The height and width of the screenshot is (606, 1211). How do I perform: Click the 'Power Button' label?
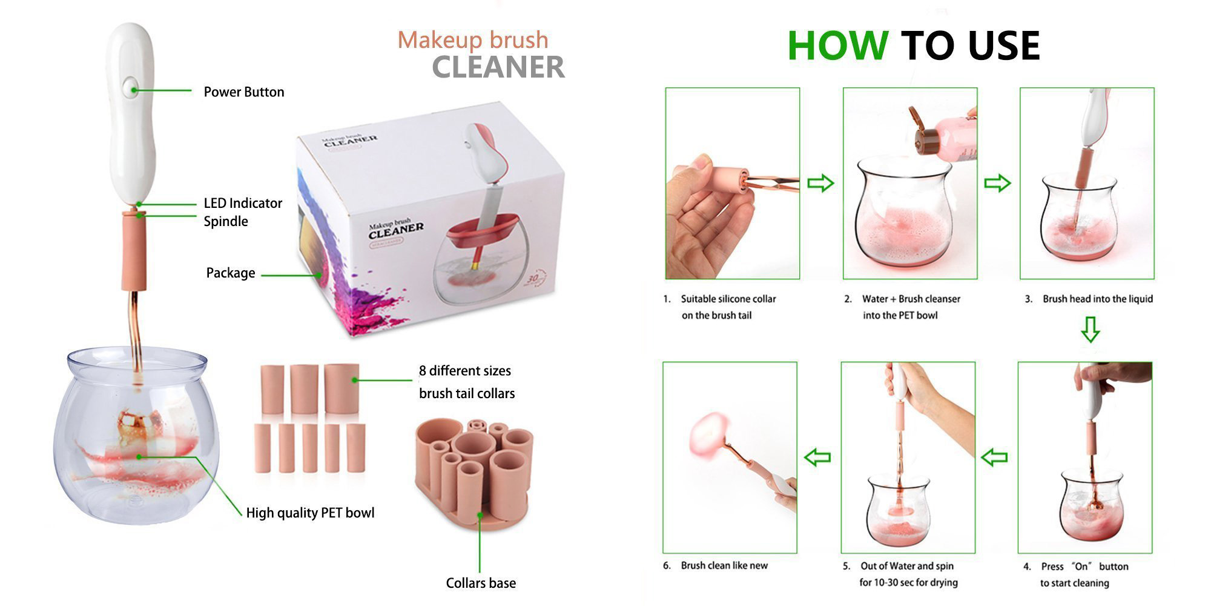tap(244, 92)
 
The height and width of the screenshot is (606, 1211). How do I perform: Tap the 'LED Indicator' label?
tap(243, 203)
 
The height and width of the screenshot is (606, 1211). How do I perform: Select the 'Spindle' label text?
tap(226, 221)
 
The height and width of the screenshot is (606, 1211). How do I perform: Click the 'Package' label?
tap(231, 273)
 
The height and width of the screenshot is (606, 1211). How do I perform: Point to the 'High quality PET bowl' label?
tap(310, 513)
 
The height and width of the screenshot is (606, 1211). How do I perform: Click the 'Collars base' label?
tap(481, 583)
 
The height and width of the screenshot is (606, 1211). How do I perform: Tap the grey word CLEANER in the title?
tap(498, 67)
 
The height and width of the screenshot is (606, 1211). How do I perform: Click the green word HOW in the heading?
tap(837, 45)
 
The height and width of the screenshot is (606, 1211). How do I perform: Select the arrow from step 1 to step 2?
tap(821, 183)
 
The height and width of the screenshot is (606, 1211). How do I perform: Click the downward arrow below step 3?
tap(1090, 329)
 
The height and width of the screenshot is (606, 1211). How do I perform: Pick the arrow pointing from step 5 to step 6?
tap(817, 458)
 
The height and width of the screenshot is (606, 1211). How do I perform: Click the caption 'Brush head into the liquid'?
tap(1098, 299)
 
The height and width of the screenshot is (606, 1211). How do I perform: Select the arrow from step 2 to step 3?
tap(997, 183)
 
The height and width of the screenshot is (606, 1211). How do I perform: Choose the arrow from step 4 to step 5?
tap(994, 458)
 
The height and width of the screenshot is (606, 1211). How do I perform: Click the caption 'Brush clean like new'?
tap(724, 565)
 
